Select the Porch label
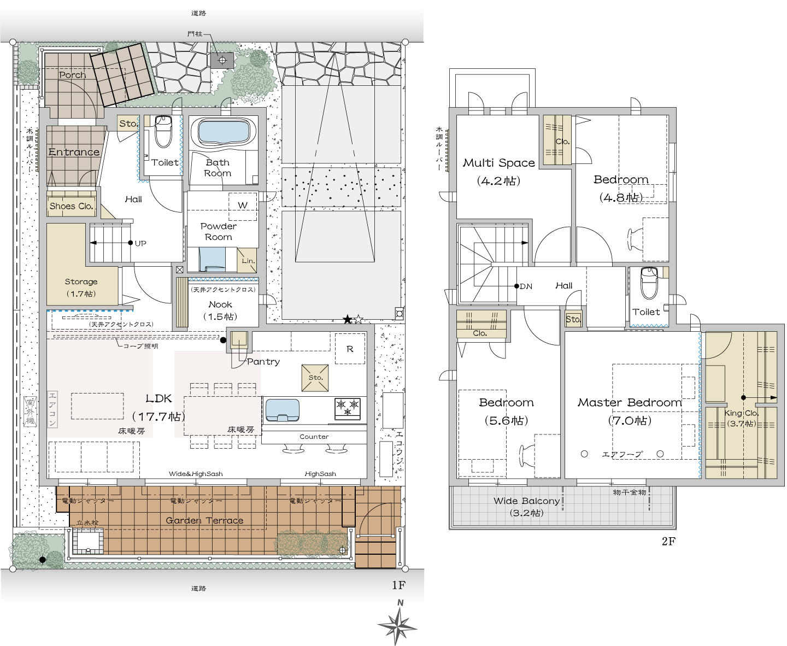72,75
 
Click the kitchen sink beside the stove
283,410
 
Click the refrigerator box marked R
350,349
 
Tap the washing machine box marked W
243,206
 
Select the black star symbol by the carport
348,320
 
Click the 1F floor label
398,585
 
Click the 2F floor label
668,541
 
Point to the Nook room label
220,304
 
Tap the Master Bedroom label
630,402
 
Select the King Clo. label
742,413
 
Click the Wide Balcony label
526,501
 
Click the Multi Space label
499,163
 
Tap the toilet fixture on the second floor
649,283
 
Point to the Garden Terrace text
204,521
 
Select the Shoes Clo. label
71,206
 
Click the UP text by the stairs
140,243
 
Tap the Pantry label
263,362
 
